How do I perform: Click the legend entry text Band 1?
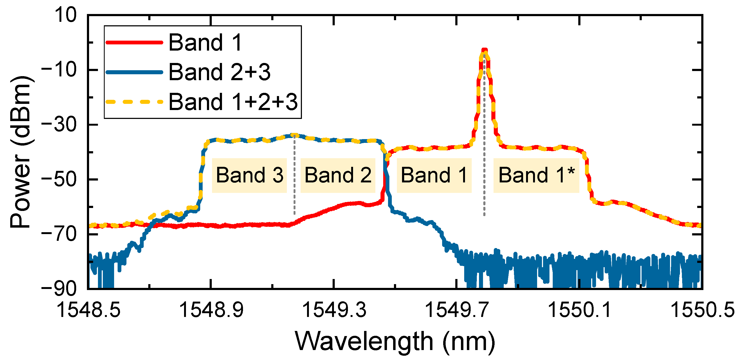click(205, 43)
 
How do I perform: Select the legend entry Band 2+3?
click(219, 72)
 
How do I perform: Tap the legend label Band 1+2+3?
click(233, 102)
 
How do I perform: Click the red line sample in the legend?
click(134, 43)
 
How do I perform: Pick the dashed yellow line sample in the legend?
click(134, 102)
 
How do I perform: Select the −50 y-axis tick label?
click(59, 179)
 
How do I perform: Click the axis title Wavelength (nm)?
click(395, 341)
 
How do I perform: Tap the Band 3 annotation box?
click(249, 175)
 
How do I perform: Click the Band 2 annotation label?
click(338, 175)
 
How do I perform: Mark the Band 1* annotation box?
click(536, 175)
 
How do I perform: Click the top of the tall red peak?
click(485, 51)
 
